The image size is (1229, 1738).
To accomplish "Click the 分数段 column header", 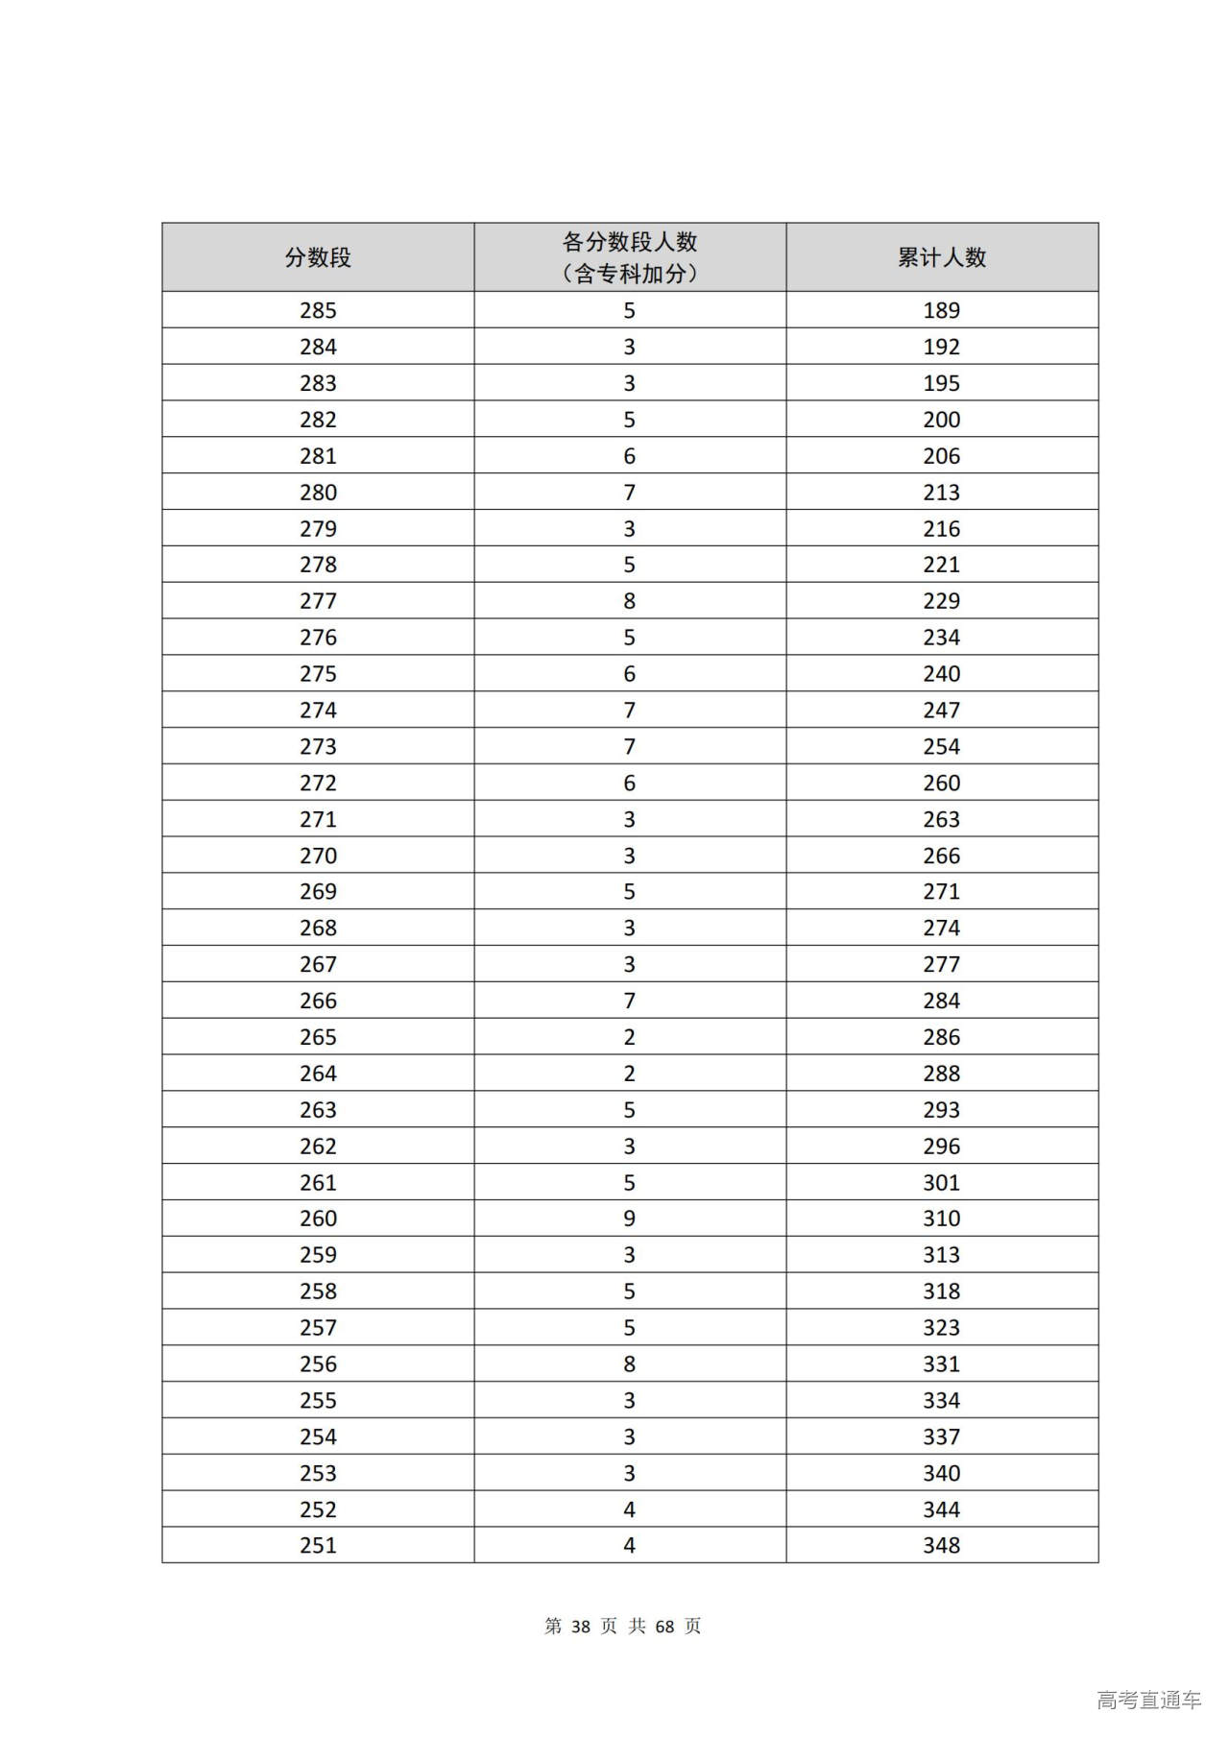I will [x=318, y=257].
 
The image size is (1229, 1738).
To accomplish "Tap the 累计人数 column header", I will [x=941, y=257].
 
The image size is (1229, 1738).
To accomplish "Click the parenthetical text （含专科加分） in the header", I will [x=629, y=275].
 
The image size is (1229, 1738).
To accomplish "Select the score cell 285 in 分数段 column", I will [x=318, y=310].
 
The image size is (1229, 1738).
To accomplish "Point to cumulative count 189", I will [x=941, y=310].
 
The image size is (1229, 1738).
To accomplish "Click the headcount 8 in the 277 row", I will [x=629, y=601].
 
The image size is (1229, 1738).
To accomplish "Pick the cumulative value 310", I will [x=941, y=1219].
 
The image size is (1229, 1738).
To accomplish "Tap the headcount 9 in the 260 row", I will [x=629, y=1219].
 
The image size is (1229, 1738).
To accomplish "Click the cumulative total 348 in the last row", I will [x=941, y=1545].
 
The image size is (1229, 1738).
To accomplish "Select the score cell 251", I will [x=318, y=1545].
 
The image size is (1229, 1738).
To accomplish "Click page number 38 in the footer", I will [x=580, y=1626].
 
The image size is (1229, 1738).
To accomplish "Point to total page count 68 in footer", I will [x=664, y=1626].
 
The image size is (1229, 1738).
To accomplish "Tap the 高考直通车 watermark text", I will [x=1148, y=1700].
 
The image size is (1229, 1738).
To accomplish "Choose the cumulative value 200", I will [x=941, y=420].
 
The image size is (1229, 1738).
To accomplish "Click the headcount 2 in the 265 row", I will [x=629, y=1037].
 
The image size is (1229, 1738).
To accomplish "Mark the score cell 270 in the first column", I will [x=318, y=856].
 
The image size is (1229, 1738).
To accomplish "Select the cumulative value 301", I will [x=941, y=1182].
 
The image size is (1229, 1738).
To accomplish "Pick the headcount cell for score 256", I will [x=629, y=1364].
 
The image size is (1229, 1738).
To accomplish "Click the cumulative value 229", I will [x=941, y=601].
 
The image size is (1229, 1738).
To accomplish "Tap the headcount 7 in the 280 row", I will [x=629, y=493].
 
